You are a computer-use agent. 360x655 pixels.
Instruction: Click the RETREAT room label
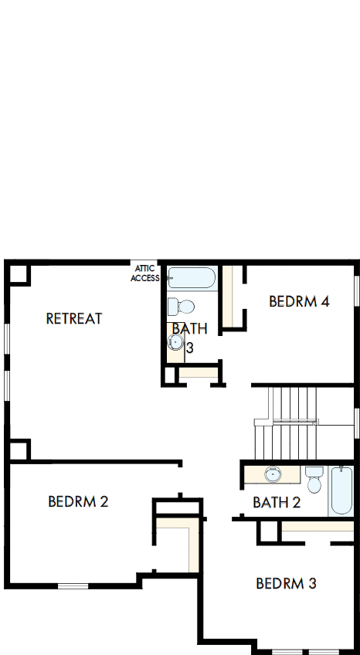click(x=74, y=318)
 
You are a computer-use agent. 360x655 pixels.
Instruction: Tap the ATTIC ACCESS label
click(x=144, y=273)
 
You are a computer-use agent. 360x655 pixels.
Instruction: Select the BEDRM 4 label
click(x=299, y=301)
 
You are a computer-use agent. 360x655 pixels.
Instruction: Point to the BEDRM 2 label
click(x=78, y=501)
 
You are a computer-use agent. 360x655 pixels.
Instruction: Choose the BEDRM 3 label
click(x=286, y=583)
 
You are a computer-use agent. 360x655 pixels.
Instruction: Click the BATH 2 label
click(x=276, y=503)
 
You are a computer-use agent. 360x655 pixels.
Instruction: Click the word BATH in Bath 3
click(x=189, y=329)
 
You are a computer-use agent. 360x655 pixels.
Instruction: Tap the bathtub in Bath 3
click(x=193, y=278)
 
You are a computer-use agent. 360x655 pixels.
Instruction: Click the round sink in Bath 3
click(x=176, y=342)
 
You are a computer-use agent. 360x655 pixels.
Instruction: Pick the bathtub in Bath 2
click(x=340, y=491)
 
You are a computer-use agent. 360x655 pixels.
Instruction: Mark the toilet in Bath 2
click(x=314, y=479)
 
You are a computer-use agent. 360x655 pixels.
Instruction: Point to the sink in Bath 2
click(x=273, y=473)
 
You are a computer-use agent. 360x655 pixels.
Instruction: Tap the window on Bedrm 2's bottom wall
click(x=73, y=586)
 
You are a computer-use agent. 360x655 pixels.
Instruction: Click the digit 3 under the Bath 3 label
click(x=189, y=348)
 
